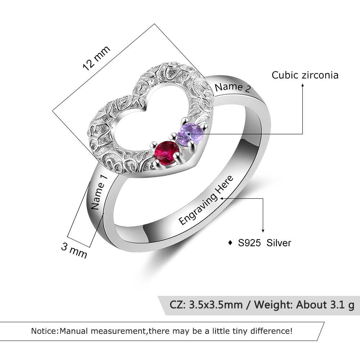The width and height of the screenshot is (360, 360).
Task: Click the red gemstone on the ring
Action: point(166,153)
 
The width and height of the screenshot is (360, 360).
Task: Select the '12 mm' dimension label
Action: point(96,58)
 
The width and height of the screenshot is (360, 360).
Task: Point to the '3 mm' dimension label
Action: point(74,250)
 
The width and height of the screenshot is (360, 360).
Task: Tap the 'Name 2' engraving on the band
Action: point(232,87)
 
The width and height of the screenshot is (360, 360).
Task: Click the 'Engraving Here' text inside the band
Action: point(206,200)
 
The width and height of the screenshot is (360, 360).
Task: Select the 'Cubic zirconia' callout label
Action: point(305,75)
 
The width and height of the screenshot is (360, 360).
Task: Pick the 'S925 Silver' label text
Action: point(265,243)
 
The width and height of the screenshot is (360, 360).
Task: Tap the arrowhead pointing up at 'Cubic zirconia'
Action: point(302,86)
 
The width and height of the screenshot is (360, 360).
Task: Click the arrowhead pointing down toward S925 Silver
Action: point(263,230)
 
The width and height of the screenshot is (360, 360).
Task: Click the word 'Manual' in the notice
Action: point(75,331)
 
